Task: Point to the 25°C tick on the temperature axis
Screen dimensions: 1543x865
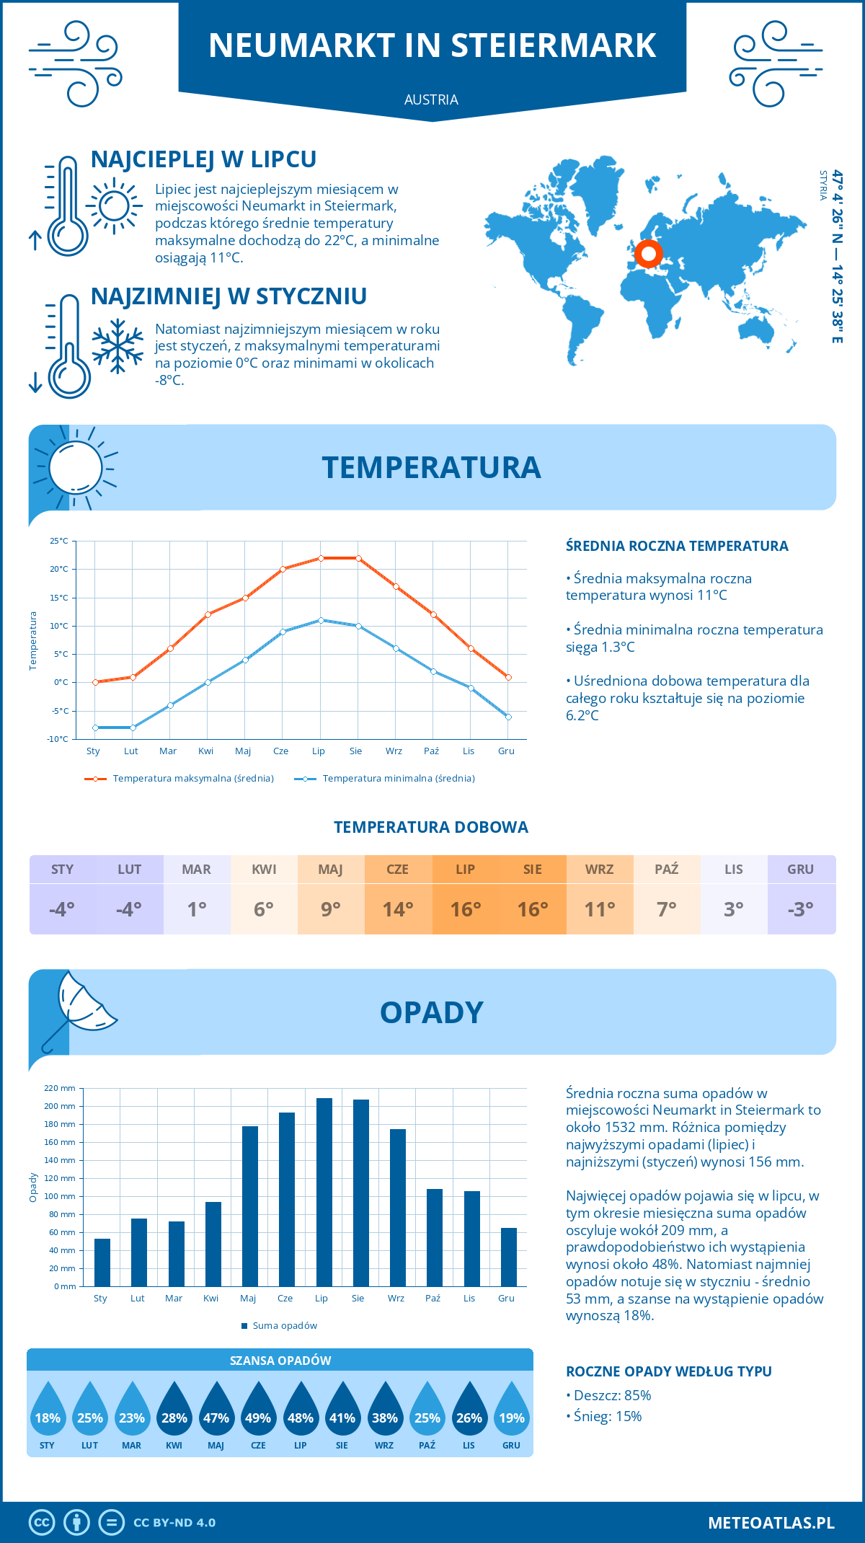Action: pos(59,541)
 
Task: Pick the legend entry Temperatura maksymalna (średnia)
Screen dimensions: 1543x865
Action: pos(179,779)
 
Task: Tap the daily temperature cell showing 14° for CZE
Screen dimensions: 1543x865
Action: pos(398,908)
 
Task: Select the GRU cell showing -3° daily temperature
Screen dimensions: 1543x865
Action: pos(801,908)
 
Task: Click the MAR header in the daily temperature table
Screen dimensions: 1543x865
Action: pos(197,869)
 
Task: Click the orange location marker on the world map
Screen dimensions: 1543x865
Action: pos(649,253)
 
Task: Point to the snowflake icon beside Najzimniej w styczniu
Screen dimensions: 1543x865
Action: pos(117,346)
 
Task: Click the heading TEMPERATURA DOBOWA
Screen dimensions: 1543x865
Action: pos(431,827)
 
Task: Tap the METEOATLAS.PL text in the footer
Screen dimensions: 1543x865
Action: pos(771,1523)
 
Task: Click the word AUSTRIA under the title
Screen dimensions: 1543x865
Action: pos(431,100)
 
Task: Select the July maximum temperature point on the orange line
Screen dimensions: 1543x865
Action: pos(321,558)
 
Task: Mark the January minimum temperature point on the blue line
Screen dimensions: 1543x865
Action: pos(95,728)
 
